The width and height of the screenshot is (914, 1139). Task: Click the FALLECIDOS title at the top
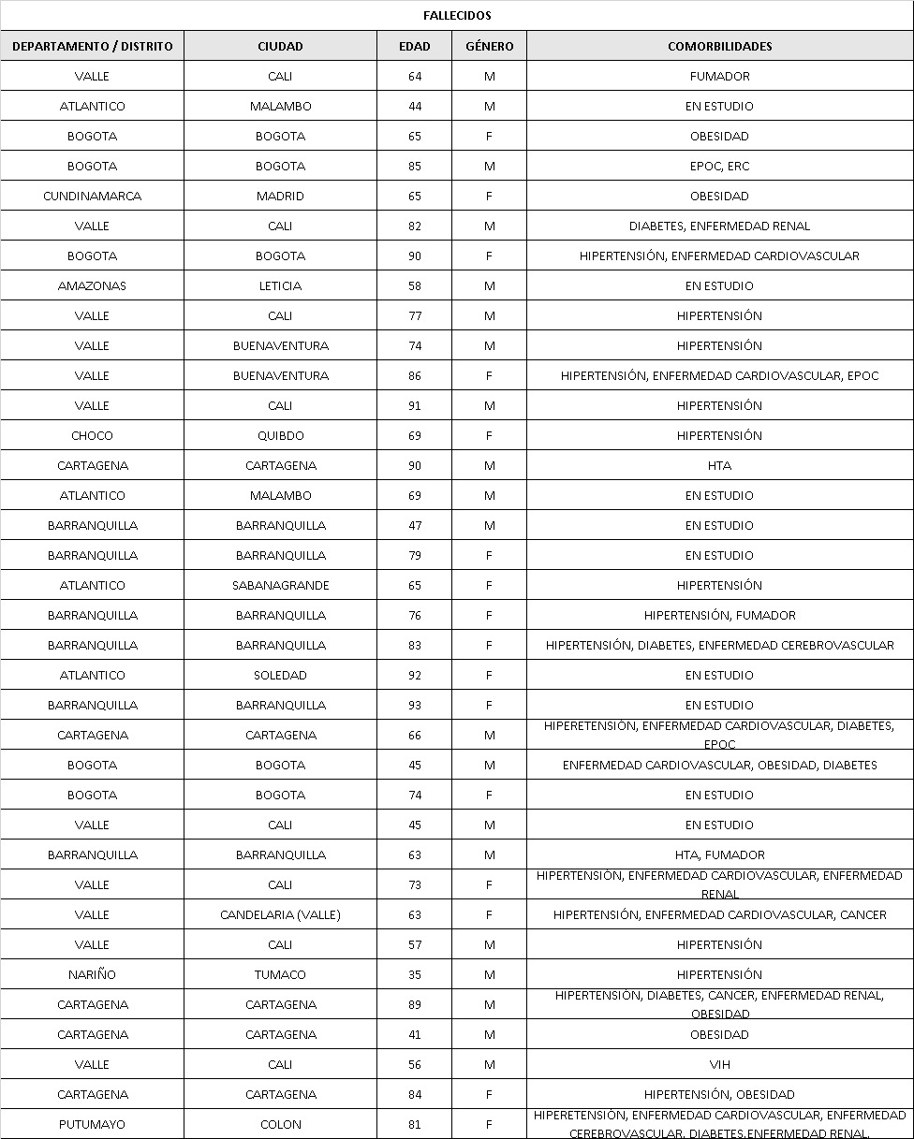click(x=457, y=16)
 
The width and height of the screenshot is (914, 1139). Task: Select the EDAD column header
click(x=415, y=46)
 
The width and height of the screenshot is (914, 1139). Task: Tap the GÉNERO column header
click(x=490, y=46)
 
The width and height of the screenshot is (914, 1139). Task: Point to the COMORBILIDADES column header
click(x=719, y=46)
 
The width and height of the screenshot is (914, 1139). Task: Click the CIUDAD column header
click(x=280, y=46)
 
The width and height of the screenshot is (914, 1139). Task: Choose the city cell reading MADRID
click(x=280, y=196)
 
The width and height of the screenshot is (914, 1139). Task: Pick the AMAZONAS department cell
click(x=92, y=285)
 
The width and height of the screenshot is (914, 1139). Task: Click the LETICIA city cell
click(x=280, y=285)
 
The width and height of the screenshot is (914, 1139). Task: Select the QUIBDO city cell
click(x=280, y=435)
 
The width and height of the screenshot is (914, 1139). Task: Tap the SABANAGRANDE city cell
click(x=280, y=585)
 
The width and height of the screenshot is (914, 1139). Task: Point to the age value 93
click(x=415, y=705)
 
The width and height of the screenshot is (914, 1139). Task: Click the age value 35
click(x=415, y=974)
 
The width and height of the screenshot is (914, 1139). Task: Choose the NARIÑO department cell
click(x=92, y=974)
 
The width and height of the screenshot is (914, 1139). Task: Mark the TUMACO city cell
click(x=280, y=974)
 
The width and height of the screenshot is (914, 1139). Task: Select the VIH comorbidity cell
click(x=719, y=1064)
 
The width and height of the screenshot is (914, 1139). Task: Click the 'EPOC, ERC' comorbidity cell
click(x=719, y=166)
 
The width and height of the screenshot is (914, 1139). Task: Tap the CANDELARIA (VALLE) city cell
click(x=280, y=914)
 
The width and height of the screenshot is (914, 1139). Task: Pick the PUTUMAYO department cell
click(x=92, y=1124)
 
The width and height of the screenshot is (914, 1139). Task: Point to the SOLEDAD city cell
click(x=280, y=675)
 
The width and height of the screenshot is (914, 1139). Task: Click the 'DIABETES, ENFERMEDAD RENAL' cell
click(x=719, y=226)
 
